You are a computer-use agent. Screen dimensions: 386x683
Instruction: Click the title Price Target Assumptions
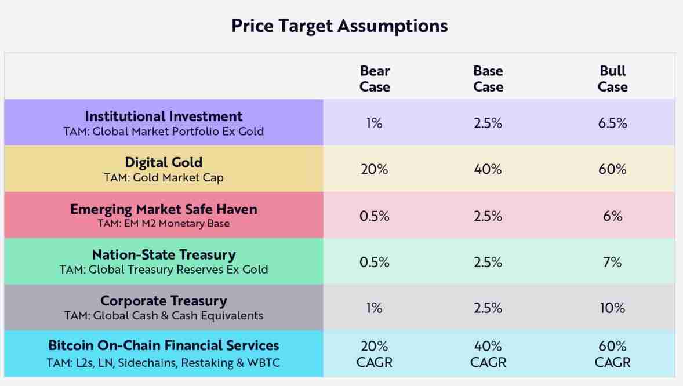[339, 26]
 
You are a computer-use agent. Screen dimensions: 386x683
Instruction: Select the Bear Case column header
[375, 79]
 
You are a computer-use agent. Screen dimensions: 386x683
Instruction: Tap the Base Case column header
[488, 79]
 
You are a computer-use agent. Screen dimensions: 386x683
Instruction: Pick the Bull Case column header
[612, 79]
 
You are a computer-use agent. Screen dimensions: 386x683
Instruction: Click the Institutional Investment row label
[164, 116]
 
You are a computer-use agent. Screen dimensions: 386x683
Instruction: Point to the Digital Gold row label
[164, 162]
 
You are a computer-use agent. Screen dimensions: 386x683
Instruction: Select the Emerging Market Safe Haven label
[164, 209]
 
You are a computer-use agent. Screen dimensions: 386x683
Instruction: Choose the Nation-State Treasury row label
[164, 255]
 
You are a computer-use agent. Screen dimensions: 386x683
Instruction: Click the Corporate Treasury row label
[164, 301]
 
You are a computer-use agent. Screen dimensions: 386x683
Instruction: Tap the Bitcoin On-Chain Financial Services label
[164, 345]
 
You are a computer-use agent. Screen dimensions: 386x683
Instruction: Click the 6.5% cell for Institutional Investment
[612, 123]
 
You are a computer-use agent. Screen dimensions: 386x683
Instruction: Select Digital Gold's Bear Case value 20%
[375, 170]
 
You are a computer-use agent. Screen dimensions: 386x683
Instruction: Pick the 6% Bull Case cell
[612, 216]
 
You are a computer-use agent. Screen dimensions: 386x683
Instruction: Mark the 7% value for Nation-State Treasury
[612, 263]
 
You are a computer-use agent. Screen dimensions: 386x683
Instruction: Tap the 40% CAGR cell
[488, 354]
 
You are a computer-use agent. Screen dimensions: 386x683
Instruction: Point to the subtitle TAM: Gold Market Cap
[164, 177]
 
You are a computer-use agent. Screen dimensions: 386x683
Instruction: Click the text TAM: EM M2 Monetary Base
[164, 224]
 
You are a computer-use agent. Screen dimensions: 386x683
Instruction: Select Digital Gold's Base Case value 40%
[488, 170]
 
